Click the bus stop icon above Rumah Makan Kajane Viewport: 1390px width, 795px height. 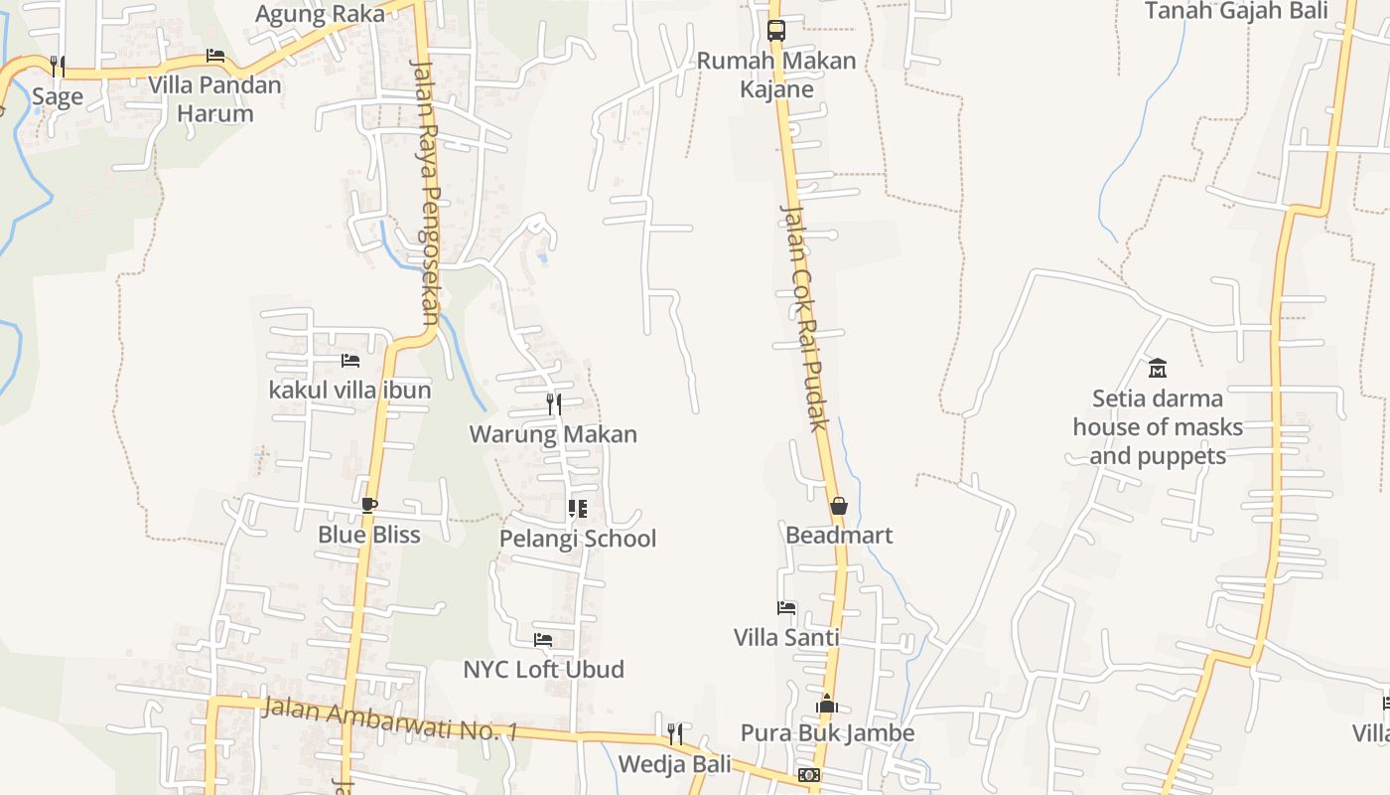pos(776,30)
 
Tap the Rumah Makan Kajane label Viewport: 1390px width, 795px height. pos(775,75)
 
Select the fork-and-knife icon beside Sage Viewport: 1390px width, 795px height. pos(58,67)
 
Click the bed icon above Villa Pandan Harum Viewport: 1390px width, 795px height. pos(215,56)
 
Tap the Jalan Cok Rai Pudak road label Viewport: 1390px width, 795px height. pos(803,318)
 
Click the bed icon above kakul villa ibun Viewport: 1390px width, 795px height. pos(349,361)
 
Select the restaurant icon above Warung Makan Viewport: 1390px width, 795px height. pos(554,403)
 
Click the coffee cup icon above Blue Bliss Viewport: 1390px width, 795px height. pos(369,505)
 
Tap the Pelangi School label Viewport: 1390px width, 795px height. pos(577,539)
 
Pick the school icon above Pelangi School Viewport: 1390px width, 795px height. pos(577,509)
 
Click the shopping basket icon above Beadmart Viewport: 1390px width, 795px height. pos(839,506)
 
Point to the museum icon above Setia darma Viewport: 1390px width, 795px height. pos(1157,369)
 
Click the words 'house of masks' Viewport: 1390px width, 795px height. pos(1158,427)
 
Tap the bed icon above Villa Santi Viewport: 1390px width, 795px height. pos(786,607)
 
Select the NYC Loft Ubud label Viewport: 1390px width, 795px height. pos(543,669)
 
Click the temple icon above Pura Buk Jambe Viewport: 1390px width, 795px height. pos(827,705)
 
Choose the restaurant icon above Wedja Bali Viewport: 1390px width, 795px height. pos(674,734)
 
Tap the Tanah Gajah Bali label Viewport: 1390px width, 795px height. pos(1222,11)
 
